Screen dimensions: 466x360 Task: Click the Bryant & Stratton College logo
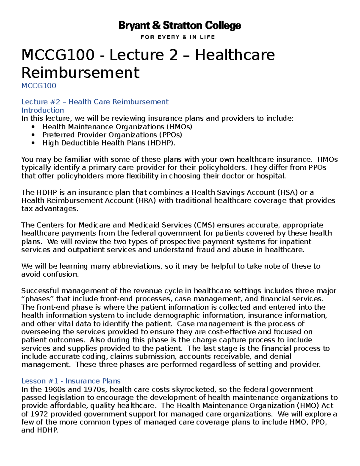pos(180,26)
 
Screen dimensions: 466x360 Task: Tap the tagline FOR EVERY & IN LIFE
pos(178,37)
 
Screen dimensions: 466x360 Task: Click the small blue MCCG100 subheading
pos(39,86)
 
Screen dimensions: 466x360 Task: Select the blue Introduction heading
pos(43,110)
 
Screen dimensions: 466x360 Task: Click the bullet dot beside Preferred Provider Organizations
pos(33,135)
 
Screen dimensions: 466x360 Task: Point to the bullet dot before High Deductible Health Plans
pos(33,143)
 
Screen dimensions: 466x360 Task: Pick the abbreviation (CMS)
pos(204,225)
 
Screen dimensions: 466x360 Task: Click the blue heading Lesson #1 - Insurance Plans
pos(71,381)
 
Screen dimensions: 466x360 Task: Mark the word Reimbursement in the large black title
pos(80,73)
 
